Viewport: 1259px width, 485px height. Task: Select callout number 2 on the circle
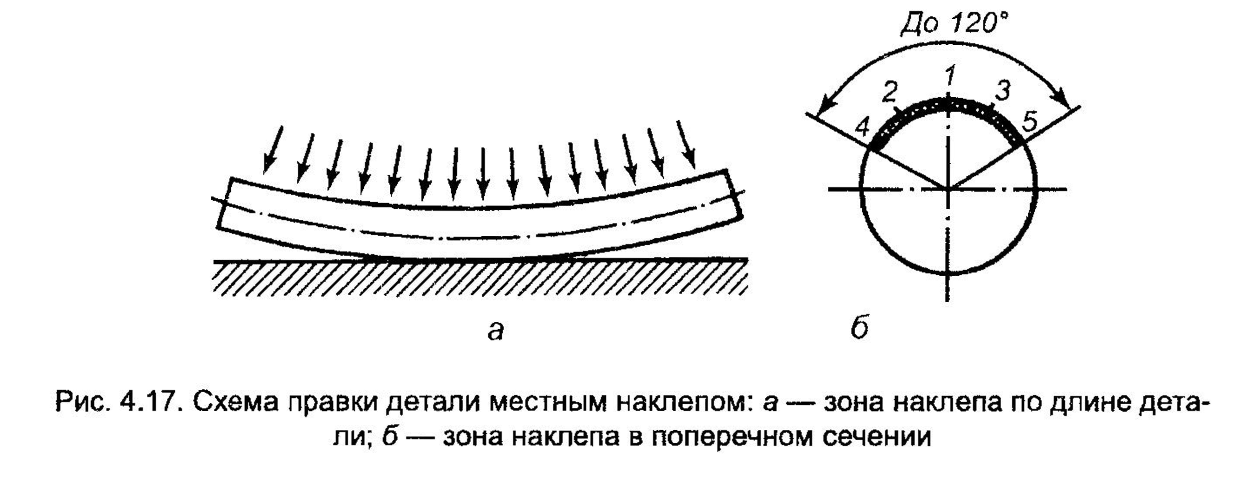point(890,92)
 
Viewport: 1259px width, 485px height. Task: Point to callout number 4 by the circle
point(863,128)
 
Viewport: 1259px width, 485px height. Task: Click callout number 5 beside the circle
point(1029,122)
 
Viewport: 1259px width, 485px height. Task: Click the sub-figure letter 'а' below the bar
point(495,331)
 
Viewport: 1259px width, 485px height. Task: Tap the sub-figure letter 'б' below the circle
point(860,329)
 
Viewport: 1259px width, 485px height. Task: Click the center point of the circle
point(948,188)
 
